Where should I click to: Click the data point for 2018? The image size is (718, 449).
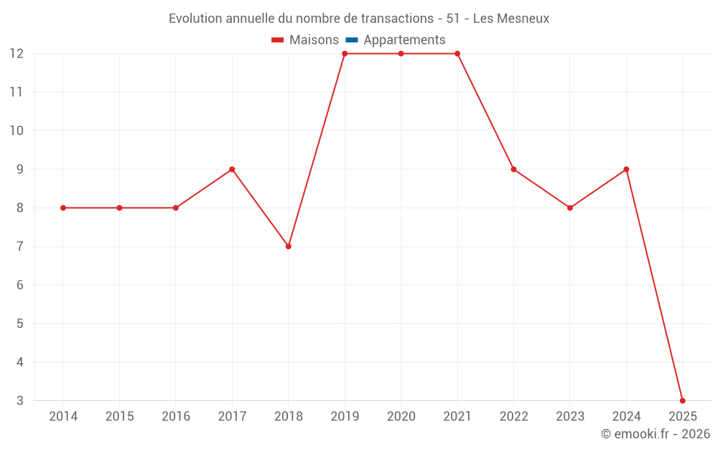pos(288,246)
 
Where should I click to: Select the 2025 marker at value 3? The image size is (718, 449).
pos(682,401)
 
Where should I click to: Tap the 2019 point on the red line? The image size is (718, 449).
pos(345,54)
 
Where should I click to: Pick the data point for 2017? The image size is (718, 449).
pos(232,170)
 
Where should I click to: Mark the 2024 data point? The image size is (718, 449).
pos(626,170)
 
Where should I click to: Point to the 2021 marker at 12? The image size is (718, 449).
pos(457,54)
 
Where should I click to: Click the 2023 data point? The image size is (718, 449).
pos(570,208)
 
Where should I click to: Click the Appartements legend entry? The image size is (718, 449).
pos(404,40)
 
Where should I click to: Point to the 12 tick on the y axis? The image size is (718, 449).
pos(16,54)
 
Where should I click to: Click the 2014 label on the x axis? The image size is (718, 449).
pos(63,417)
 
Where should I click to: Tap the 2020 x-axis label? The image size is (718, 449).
pos(401,417)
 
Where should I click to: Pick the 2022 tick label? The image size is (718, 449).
pos(513,417)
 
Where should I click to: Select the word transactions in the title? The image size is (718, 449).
pos(392,19)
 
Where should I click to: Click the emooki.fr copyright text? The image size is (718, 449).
pos(655,434)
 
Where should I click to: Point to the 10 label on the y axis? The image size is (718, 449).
pos(16,131)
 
